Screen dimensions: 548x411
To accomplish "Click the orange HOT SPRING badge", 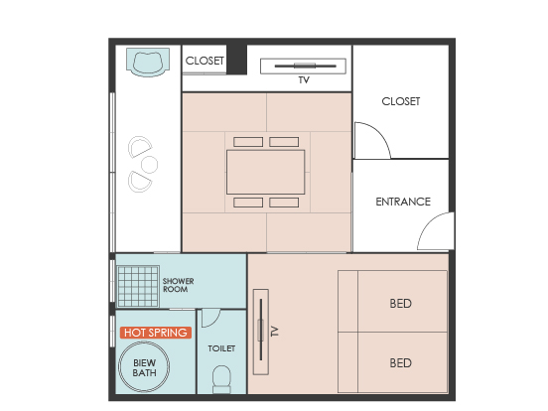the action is click(156, 333).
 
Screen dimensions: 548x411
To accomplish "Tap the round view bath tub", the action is click(144, 366).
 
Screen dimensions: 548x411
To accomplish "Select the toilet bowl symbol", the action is click(222, 379).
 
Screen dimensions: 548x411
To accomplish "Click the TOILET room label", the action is click(221, 348).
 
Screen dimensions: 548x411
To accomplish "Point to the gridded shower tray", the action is click(138, 286).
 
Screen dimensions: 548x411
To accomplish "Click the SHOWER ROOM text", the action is click(178, 285).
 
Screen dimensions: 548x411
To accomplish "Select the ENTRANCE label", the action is click(403, 202).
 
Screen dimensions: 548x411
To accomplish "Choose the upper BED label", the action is click(400, 304).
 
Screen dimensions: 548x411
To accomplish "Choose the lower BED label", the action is click(400, 363).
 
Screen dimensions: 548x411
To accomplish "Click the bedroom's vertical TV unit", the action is click(261, 332).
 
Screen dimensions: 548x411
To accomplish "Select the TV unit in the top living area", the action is click(303, 67).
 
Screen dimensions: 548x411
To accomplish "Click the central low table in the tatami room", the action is click(266, 172).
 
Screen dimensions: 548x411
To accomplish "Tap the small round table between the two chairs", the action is click(149, 164).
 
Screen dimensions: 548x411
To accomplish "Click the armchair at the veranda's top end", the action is click(148, 63).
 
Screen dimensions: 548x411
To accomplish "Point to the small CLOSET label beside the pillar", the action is click(205, 61).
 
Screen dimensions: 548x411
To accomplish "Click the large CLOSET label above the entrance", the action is click(400, 101).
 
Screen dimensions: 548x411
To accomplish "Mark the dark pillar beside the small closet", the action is click(236, 60).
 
